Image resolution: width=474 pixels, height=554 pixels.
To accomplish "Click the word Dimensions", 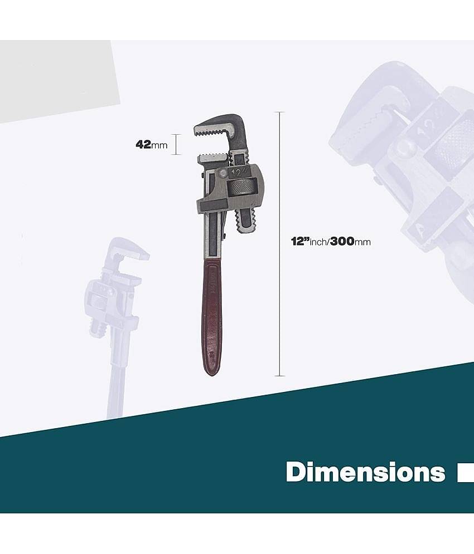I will tap(365, 472).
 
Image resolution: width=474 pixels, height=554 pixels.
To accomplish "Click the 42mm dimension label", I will tap(151, 145).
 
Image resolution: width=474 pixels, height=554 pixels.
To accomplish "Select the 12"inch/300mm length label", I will tap(330, 242).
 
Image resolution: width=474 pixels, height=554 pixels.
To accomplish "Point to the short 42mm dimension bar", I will tap(176, 144).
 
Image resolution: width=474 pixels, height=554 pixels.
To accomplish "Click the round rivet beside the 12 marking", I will tap(224, 173).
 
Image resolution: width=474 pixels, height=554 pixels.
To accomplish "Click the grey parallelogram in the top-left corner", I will tap(56, 81).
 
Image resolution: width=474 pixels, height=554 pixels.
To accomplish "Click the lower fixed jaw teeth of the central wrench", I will tap(214, 158).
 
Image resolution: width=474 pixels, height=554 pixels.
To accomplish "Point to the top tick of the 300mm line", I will tap(279, 112).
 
